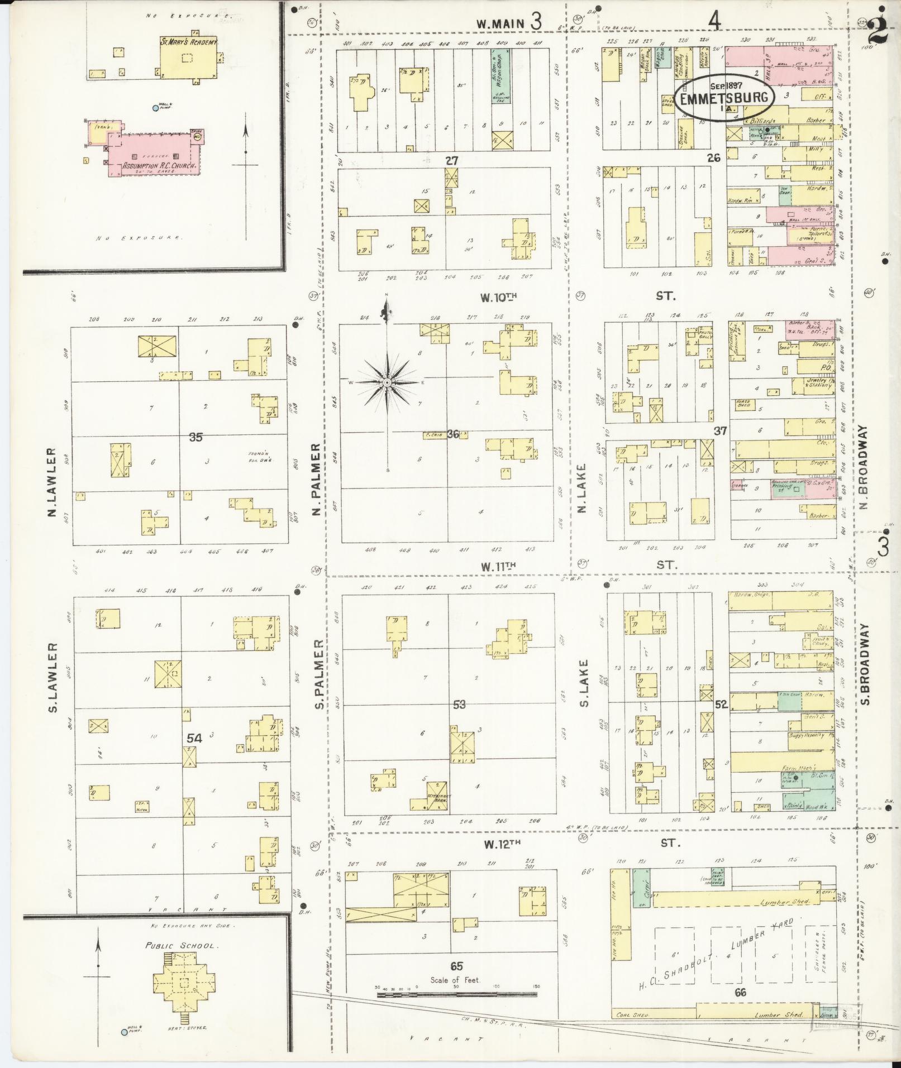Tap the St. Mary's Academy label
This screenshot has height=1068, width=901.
point(189,42)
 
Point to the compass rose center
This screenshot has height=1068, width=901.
point(387,382)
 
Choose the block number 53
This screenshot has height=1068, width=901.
point(459,705)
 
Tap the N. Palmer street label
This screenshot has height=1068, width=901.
point(316,479)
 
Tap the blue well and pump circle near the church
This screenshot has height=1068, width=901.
point(155,108)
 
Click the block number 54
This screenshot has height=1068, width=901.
point(194,738)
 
